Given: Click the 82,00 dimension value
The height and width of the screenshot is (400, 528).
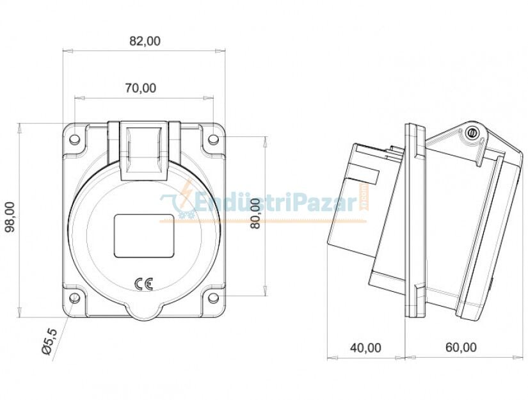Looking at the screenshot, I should coord(145,41).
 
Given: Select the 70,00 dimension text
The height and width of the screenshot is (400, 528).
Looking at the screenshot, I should coord(140,88).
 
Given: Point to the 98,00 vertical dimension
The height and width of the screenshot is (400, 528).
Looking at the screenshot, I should coord(11,218).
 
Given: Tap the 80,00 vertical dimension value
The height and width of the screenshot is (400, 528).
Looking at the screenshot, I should coord(255,214).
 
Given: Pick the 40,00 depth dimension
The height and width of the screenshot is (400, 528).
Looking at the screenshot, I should coord(365,348).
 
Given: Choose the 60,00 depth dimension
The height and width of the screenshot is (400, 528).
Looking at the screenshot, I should coord(461,348).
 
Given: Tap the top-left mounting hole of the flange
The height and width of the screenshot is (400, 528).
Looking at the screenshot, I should coord(75,139).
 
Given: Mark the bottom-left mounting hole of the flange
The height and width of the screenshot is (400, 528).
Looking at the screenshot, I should coord(75,298).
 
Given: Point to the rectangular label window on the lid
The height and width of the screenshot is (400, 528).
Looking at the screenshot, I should coord(144,236).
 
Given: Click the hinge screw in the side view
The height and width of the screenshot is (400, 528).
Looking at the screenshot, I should coord(472,132).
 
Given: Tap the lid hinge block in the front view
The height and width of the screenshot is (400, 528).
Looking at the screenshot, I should coord(144,148).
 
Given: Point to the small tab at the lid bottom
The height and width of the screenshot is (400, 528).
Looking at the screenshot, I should coord(144,312).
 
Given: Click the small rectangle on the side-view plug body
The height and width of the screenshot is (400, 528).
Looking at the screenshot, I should coord(364,173).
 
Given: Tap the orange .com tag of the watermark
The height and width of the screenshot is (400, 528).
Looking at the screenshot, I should coord(364,199).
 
